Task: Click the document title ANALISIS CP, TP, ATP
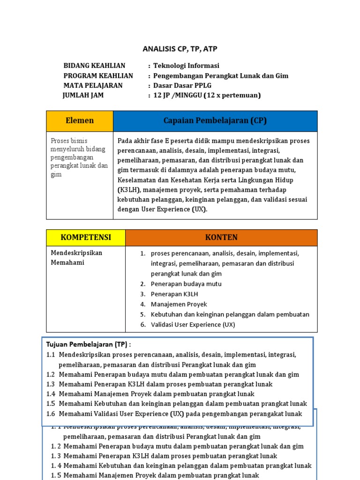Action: [180, 49]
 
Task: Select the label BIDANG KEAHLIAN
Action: [94, 66]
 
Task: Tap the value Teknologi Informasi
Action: [186, 66]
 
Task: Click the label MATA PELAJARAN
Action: [93, 85]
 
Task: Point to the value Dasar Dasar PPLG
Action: [182, 85]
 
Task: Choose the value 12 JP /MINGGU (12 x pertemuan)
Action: [207, 95]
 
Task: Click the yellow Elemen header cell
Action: [80, 121]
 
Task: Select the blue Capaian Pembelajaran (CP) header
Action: [215, 121]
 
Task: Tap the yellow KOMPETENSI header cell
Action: [86, 237]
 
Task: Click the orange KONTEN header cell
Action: [221, 237]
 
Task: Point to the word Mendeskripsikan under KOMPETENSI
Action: [76, 253]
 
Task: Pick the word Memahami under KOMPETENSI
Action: [67, 262]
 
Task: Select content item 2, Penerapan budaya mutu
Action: [186, 284]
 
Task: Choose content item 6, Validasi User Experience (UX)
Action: [193, 324]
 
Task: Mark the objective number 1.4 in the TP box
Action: [51, 394]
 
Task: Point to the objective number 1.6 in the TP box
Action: [51, 413]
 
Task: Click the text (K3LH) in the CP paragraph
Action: [129, 190]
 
